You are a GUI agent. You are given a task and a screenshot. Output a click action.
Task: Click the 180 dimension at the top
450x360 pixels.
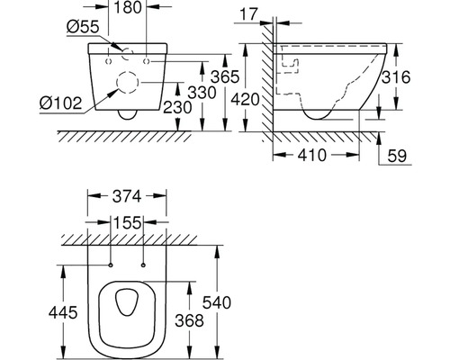point(128,7)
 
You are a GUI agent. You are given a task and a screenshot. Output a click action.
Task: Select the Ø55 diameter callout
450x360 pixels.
point(83,27)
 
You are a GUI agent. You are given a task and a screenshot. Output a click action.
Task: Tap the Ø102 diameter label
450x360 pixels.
point(60,103)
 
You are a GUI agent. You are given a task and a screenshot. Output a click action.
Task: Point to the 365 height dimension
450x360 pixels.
point(225,76)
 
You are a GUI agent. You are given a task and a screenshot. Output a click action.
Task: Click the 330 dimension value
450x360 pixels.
point(202,93)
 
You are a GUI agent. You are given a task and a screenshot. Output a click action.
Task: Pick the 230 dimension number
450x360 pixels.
point(177,107)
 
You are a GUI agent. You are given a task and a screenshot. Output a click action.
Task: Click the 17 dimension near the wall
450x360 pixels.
point(249,13)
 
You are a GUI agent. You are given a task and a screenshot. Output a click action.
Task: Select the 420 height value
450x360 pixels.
point(245,100)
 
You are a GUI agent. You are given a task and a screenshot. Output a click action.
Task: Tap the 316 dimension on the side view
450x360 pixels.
point(396,77)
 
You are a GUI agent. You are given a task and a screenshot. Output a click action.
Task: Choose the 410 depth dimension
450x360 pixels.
point(312,155)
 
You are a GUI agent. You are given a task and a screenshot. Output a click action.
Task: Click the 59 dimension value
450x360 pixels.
point(397,156)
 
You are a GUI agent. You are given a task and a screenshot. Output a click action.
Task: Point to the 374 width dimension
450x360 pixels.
point(127,197)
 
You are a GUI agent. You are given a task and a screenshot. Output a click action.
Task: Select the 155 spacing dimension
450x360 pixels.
point(127,223)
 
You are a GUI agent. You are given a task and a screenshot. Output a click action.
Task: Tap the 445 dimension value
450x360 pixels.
point(63,312)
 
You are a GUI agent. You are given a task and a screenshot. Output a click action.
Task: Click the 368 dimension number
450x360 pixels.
point(189,320)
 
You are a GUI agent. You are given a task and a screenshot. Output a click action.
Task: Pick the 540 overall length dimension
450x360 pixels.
point(217,302)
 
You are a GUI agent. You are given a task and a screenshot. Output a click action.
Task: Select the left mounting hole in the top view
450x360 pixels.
point(111,265)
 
